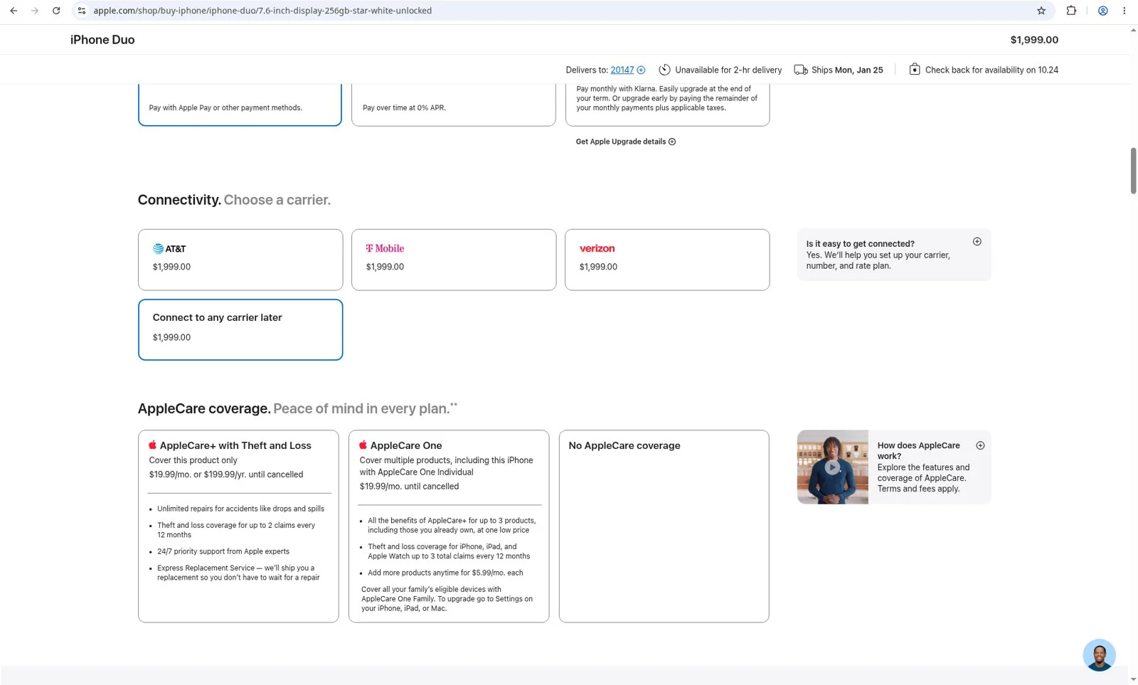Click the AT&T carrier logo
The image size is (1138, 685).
pos(169,248)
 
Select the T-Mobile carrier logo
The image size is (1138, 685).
pos(385,248)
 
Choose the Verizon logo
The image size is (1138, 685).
pos(597,248)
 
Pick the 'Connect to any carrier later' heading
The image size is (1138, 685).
pos(217,317)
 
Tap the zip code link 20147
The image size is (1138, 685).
pos(622,70)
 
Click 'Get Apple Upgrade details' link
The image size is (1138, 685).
pos(625,142)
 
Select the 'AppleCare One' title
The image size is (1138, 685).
pos(406,445)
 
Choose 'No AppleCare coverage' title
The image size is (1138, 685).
pos(624,445)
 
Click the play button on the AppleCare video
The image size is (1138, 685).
pos(831,467)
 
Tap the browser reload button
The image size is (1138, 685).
pos(56,10)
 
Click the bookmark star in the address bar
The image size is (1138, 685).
pos(1041,10)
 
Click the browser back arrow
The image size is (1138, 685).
pos(14,10)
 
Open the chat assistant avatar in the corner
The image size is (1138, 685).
pos(1099,654)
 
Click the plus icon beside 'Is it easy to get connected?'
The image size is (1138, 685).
pos(977,241)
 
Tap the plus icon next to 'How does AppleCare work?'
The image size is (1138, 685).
pos(980,445)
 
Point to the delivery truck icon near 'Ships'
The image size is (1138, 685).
pos(801,70)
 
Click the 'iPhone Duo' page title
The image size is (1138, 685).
pos(102,40)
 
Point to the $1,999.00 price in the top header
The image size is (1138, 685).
pos(1034,40)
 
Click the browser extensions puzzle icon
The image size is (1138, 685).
pos(1071,10)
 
